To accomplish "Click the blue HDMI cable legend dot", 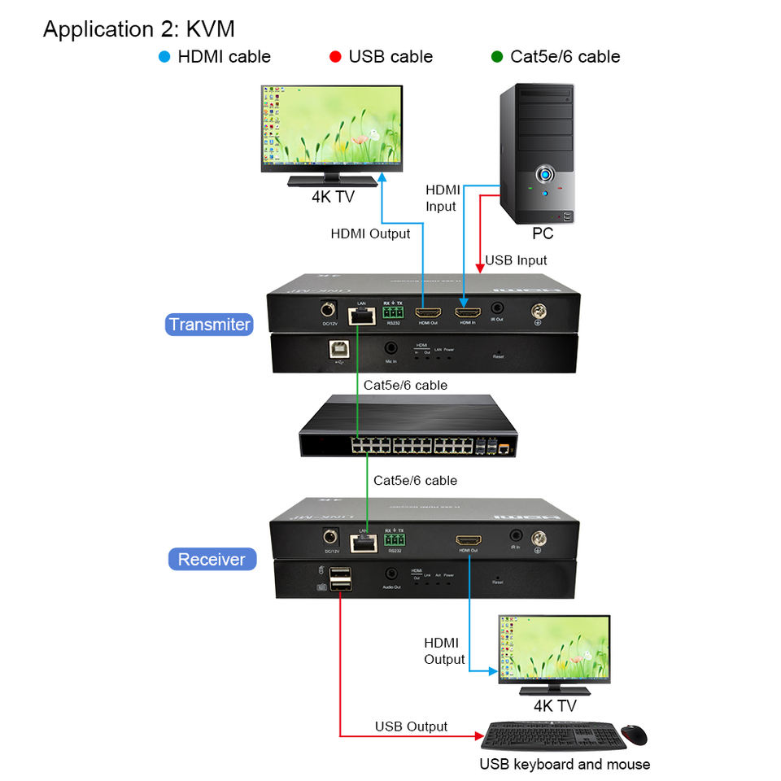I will [x=165, y=57].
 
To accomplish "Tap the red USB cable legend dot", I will [x=335, y=57].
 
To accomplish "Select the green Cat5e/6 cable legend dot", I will [x=497, y=57].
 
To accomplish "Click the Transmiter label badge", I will [x=210, y=325].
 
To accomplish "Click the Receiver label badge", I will [x=212, y=559].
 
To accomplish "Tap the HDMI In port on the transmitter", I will [x=467, y=312].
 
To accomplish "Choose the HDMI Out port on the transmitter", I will [x=427, y=312].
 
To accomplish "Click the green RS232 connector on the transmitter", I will [x=394, y=312].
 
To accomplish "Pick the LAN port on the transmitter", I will [x=360, y=314].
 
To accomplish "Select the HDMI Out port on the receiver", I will [x=468, y=539].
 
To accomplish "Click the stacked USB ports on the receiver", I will [x=342, y=579].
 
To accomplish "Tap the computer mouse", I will [x=634, y=735].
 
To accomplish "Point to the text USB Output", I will [x=411, y=726].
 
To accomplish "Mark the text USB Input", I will [x=516, y=260].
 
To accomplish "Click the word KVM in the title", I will [x=210, y=29].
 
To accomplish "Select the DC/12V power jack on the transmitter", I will [x=328, y=310].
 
